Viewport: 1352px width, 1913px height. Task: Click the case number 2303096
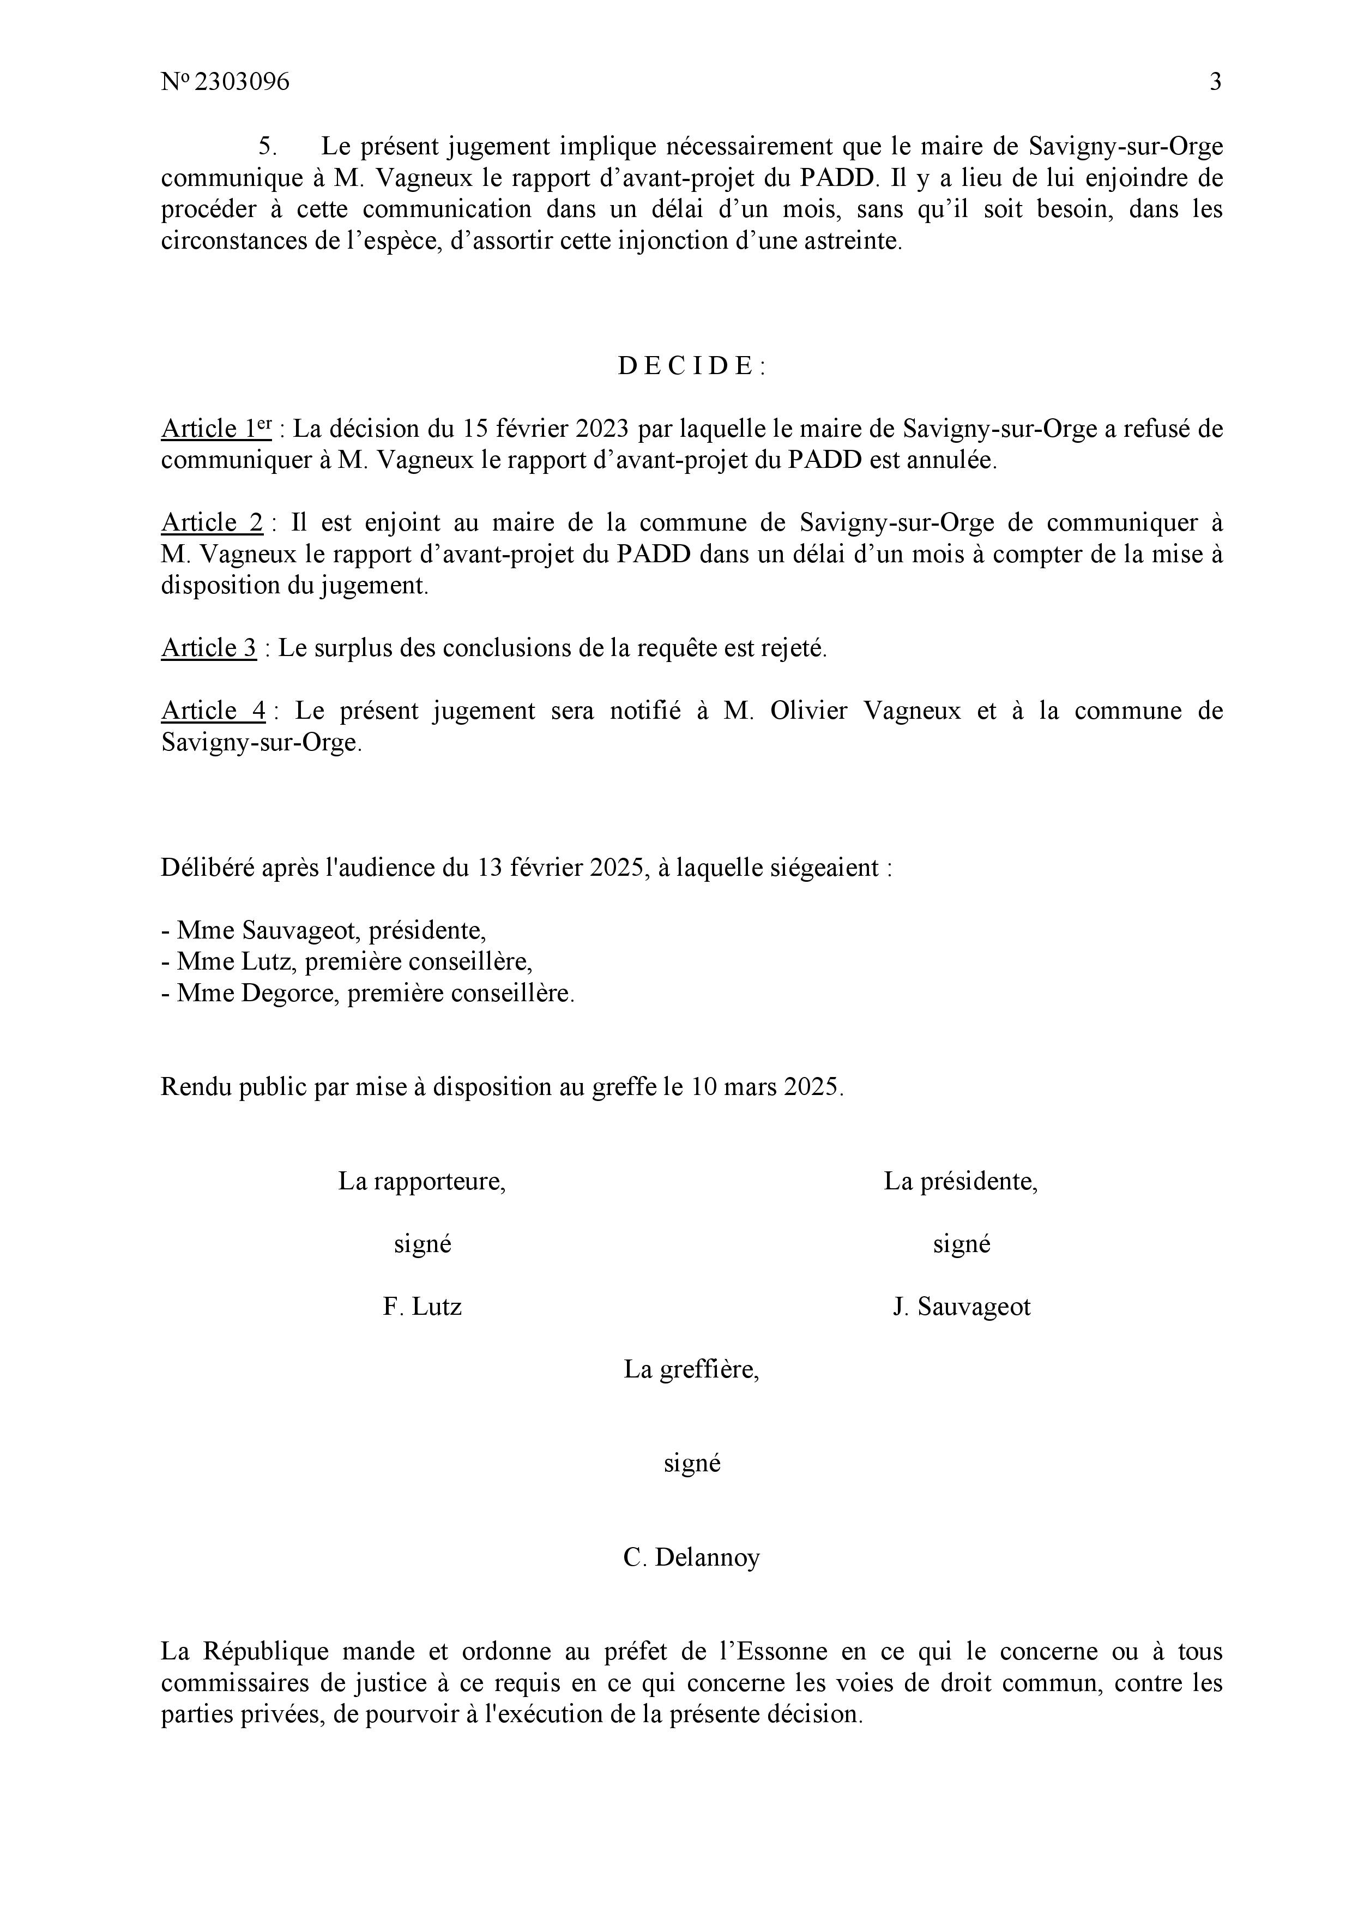pos(241,82)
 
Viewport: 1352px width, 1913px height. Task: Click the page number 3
pos(1215,82)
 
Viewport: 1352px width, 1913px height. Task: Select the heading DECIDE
pos(691,366)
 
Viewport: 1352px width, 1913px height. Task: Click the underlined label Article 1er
pos(216,429)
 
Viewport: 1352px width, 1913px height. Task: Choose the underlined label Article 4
pos(213,711)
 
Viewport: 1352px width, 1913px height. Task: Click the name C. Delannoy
pos(691,1557)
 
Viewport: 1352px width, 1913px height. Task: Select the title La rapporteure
pos(421,1182)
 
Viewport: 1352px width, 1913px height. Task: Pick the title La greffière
pos(691,1369)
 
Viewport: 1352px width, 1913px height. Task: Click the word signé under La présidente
pos(961,1244)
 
